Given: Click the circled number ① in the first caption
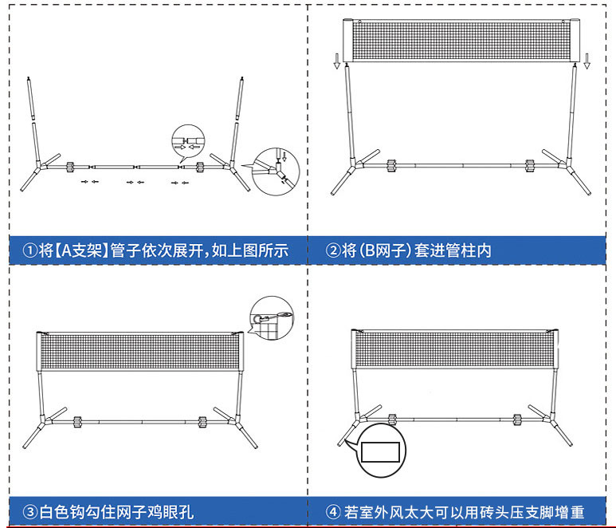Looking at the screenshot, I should click(29, 250).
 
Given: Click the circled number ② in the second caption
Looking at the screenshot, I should click(333, 250).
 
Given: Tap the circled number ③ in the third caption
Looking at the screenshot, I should click(29, 512).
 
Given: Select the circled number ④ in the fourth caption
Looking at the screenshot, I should click(333, 512).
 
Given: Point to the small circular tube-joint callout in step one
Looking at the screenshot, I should click(182, 141).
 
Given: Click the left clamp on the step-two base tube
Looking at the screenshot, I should click(391, 167).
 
